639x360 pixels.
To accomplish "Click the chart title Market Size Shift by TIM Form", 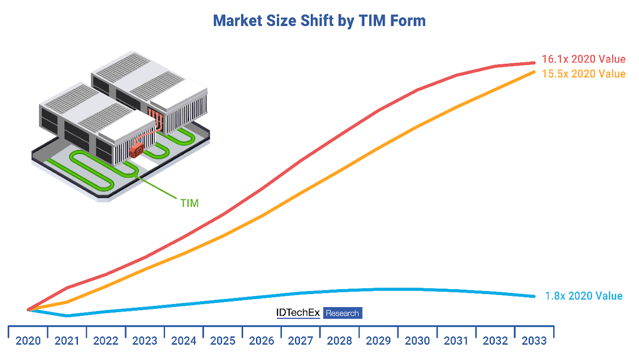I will click(x=319, y=21).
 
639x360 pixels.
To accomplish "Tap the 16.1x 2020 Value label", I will click(x=583, y=59).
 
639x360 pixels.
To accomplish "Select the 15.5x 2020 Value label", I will click(x=583, y=74).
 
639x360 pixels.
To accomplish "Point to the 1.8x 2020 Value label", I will click(x=583, y=296).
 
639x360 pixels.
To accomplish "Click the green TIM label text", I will click(x=189, y=203).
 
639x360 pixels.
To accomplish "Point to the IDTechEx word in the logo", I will click(x=298, y=313).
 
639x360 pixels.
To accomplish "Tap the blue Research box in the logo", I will click(x=342, y=313).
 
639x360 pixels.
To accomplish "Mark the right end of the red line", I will click(x=534, y=63).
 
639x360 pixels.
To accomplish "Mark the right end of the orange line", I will click(x=534, y=71).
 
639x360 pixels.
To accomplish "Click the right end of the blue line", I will click(x=534, y=296).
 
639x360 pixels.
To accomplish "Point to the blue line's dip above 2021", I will click(x=67, y=316).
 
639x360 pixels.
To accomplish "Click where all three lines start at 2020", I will click(x=28, y=309).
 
